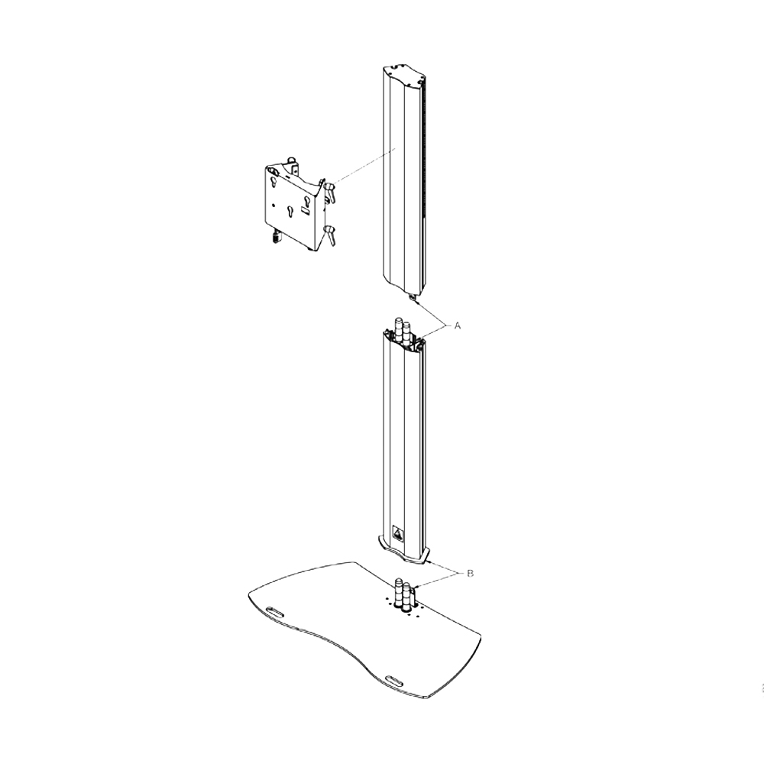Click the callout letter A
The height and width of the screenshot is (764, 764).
[x=458, y=326]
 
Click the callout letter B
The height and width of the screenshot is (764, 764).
[x=470, y=574]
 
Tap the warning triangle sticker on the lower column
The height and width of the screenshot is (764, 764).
[x=398, y=534]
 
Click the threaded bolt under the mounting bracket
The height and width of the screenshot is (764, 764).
[x=277, y=237]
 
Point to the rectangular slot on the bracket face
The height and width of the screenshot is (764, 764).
[x=305, y=211]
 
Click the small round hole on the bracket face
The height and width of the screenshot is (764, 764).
[x=274, y=205]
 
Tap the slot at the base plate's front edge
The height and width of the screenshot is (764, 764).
[x=395, y=680]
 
